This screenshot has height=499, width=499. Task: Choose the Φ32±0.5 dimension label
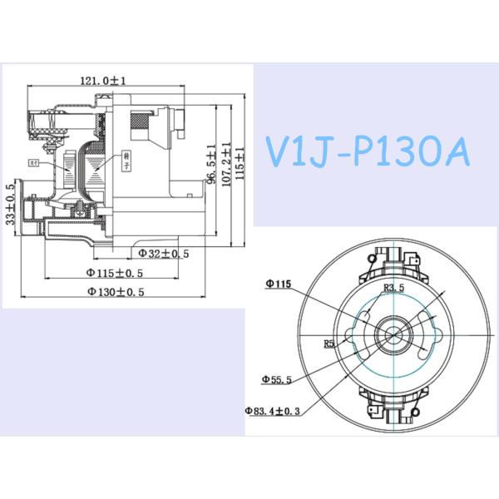coord(164,252)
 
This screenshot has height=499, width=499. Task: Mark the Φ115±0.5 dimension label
coord(115,272)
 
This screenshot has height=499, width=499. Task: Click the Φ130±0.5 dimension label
coord(116,292)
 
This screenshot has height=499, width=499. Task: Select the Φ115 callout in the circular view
coord(278,284)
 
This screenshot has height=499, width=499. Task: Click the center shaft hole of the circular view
coord(389,333)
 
